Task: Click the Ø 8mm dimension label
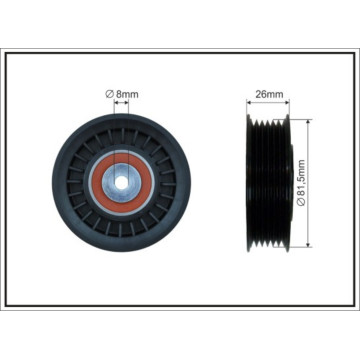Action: coord(122,94)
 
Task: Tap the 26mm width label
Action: coord(269,94)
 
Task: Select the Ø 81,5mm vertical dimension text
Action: coord(301,183)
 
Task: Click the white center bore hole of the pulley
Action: coord(122,183)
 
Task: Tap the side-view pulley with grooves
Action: coord(270,183)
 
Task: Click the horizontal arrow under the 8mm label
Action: coord(121,103)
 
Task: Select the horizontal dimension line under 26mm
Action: coord(268,103)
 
